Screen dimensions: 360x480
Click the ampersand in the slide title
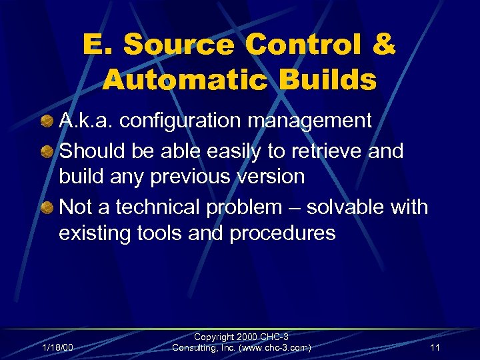(x=382, y=45)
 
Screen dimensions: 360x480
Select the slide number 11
(x=435, y=347)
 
